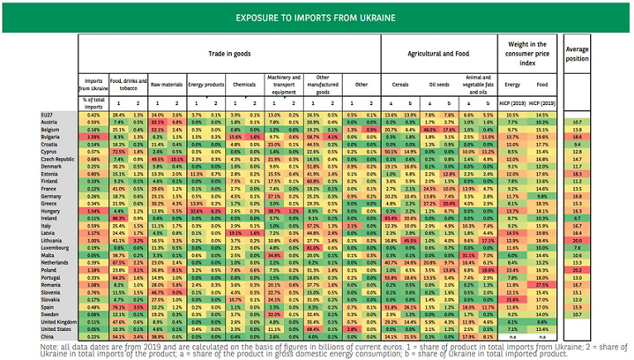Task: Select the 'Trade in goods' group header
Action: [x=231, y=54]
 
